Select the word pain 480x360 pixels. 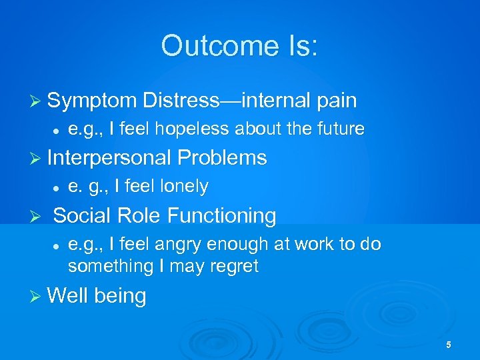337,101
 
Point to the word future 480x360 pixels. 339,129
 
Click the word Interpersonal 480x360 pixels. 109,158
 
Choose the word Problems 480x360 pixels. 222,158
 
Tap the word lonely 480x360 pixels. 181,187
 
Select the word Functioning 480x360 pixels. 221,215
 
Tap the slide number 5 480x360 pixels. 449,345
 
